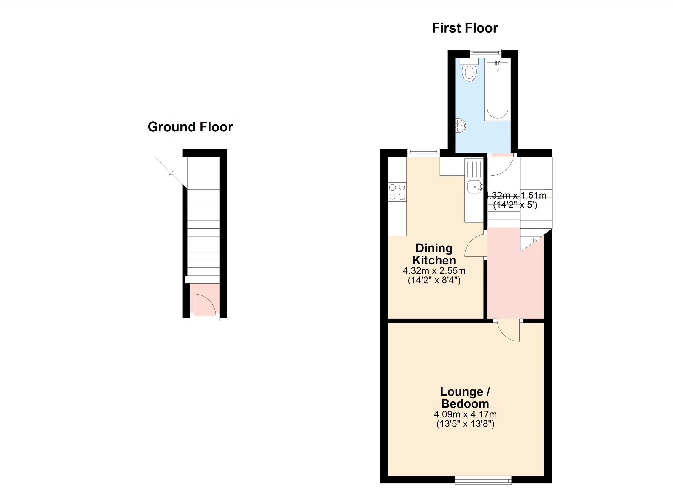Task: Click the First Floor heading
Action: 465,28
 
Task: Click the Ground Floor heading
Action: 190,127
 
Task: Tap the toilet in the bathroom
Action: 469,70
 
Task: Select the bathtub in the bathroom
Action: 498,89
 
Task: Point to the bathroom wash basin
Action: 460,126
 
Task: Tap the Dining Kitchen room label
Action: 434,254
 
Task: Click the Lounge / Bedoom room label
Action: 465,397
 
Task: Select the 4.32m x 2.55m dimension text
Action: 434,271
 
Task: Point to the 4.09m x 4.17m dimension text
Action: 465,414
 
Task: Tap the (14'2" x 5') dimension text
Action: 515,205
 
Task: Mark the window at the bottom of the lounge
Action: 483,480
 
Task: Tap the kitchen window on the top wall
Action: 424,152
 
